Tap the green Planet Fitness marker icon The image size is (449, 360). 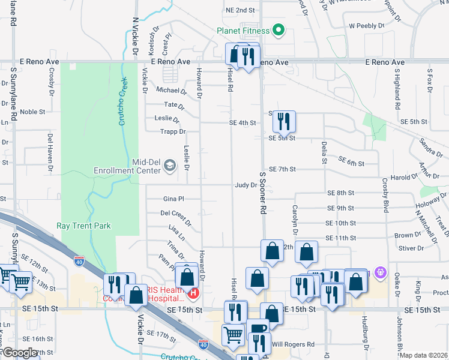(x=278, y=29)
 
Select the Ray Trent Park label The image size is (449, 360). (x=83, y=226)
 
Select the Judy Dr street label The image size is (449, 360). (x=246, y=185)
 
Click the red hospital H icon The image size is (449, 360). (x=193, y=293)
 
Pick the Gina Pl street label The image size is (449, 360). (x=173, y=199)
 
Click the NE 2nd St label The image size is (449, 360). (x=240, y=10)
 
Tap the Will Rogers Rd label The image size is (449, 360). (x=293, y=344)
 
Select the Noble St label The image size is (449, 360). (x=32, y=112)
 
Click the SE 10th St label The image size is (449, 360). (x=342, y=223)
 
